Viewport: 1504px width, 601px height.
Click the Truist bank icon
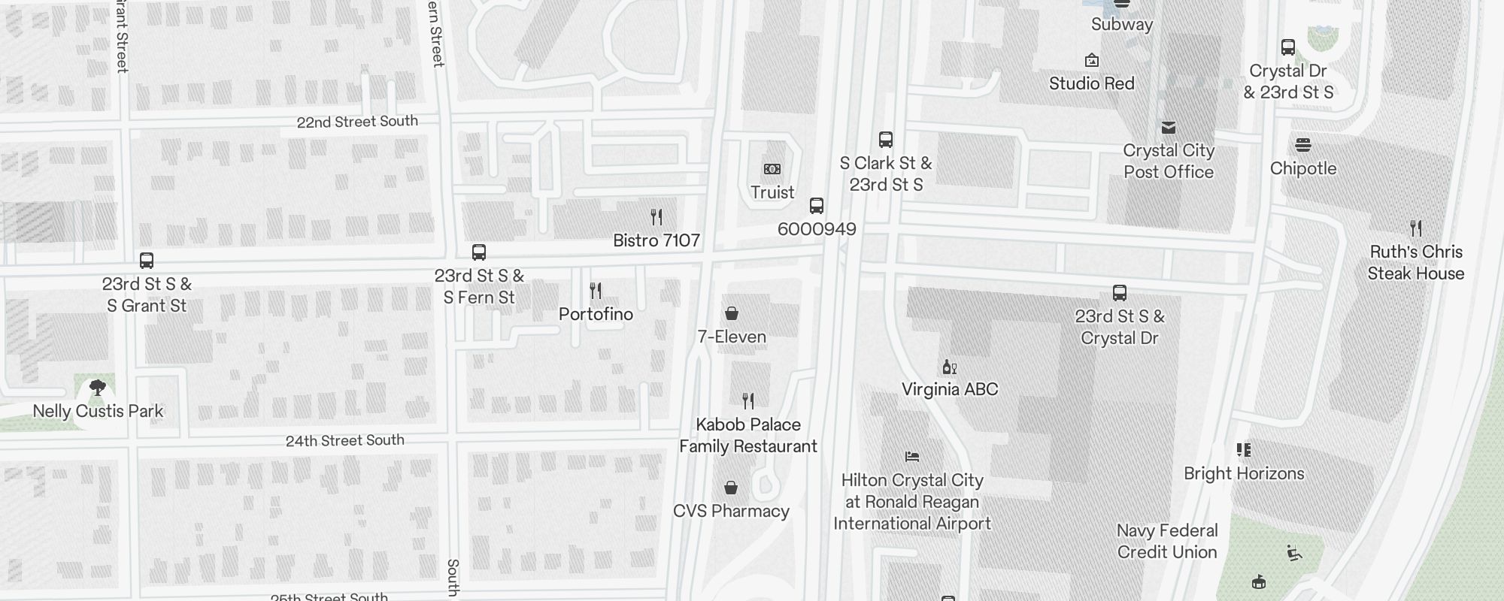tap(772, 169)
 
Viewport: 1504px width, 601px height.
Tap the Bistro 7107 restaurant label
tap(656, 240)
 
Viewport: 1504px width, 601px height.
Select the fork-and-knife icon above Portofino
tap(596, 290)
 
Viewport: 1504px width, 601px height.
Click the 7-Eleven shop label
tap(732, 337)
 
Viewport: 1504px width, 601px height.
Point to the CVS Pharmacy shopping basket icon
tap(730, 488)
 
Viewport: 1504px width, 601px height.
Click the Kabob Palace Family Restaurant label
tap(748, 436)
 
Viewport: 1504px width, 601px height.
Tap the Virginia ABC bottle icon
tap(949, 367)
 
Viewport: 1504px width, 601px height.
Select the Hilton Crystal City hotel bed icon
tap(912, 456)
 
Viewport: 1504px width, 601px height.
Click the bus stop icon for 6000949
tap(817, 206)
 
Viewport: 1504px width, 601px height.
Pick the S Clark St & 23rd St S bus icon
tap(886, 140)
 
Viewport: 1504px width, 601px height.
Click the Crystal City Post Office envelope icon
tap(1168, 128)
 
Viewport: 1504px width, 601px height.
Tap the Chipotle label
tap(1303, 168)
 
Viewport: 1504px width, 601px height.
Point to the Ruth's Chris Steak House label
tap(1416, 262)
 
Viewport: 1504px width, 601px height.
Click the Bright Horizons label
tap(1244, 473)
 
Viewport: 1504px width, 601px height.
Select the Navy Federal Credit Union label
tap(1167, 541)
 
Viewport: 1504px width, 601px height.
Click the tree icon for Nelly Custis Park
tap(97, 388)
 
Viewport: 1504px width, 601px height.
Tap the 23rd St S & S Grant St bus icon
tap(147, 261)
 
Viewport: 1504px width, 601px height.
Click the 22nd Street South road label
tap(357, 122)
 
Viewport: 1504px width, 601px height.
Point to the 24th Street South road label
tap(345, 441)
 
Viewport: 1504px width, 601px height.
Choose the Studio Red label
tap(1092, 83)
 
